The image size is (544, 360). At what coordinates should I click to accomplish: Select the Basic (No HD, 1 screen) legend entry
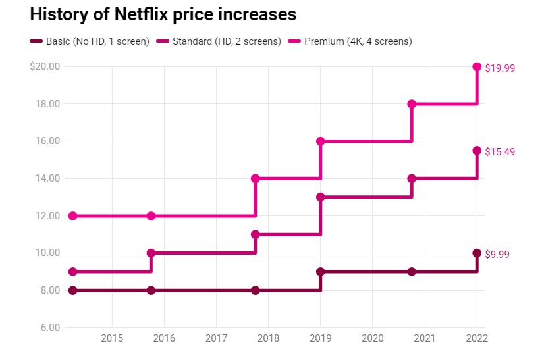97,41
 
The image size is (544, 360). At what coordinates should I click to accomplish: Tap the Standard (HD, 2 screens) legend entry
226,41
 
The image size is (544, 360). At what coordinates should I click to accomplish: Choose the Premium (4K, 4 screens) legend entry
358,41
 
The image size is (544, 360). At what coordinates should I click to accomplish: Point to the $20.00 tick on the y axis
45,66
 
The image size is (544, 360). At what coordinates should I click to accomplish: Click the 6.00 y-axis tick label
49,328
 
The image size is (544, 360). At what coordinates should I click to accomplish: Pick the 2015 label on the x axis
112,340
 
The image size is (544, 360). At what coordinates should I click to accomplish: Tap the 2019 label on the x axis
321,340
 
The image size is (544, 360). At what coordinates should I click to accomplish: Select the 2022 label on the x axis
476,340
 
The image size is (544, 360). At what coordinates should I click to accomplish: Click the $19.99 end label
500,68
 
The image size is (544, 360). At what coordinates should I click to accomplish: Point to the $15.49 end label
500,152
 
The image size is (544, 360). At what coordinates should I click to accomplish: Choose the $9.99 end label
497,255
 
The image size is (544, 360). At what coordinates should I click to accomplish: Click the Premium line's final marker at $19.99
477,66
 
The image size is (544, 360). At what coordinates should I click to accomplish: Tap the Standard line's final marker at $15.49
477,151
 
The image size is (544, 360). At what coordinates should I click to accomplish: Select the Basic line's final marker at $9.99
477,253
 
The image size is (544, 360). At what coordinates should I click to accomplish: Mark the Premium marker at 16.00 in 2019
321,141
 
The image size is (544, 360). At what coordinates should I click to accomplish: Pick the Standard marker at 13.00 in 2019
321,197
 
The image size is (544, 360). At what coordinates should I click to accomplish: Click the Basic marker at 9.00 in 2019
321,272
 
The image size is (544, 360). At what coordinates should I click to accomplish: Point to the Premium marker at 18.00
412,104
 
